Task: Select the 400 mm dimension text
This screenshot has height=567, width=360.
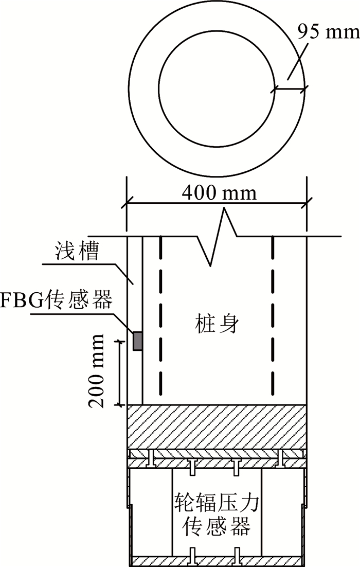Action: [x=219, y=193]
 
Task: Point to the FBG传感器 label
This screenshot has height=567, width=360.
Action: [x=57, y=300]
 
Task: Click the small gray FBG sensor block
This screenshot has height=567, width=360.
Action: [x=138, y=341]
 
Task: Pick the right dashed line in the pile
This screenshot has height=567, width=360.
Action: [x=273, y=319]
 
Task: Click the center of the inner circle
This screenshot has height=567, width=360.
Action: [x=217, y=88]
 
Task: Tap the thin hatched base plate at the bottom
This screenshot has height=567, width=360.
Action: [x=217, y=560]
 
